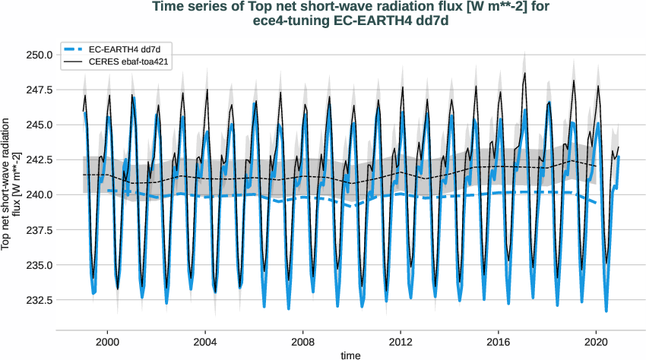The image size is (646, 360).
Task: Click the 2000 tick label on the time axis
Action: [107, 342]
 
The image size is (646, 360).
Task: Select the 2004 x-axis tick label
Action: [205, 342]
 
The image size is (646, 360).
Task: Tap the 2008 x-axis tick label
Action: [303, 342]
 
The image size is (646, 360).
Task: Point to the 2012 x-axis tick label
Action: [401, 342]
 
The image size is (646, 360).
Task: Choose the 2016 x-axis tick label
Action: [499, 342]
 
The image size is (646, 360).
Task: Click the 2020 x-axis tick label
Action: [597, 342]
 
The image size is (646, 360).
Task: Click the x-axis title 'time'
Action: [350, 355]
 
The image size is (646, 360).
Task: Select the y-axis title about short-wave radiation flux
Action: [11, 183]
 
